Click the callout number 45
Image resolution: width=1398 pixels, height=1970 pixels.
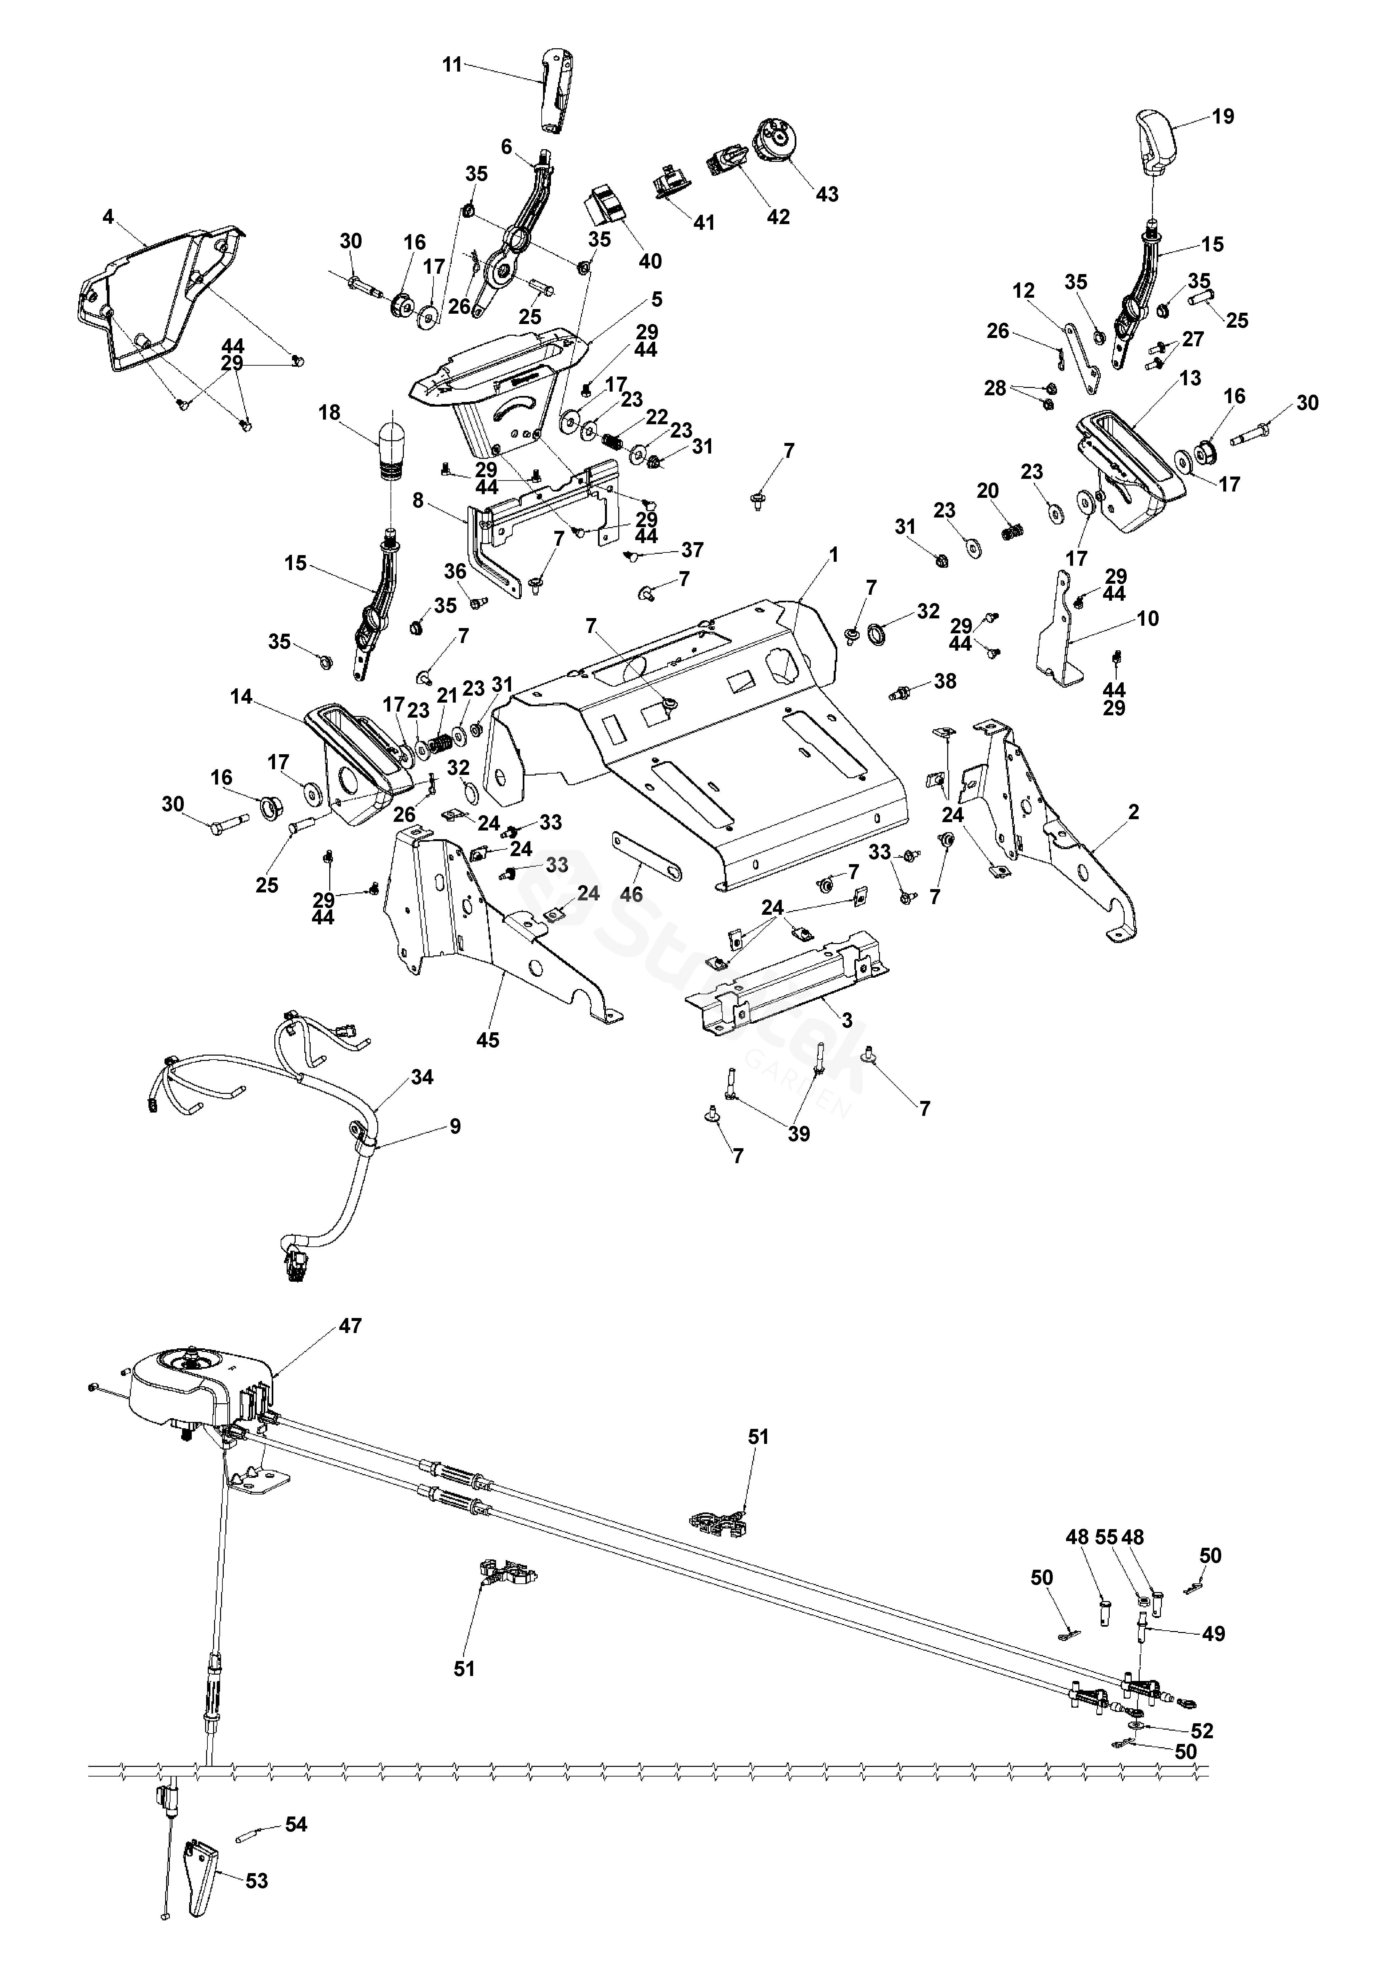pos(488,1040)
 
